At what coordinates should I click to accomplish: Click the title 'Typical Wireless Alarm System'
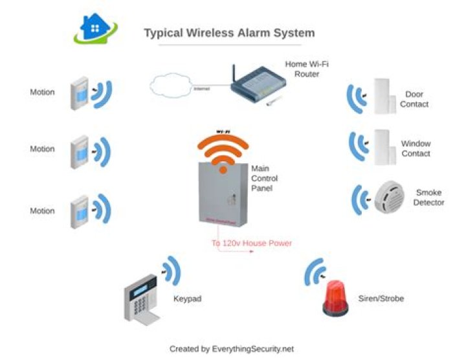pyautogui.click(x=229, y=32)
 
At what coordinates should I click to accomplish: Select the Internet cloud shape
pyautogui.click(x=171, y=87)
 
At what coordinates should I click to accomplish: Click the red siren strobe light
pyautogui.click(x=336, y=298)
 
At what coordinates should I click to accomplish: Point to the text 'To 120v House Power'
pyautogui.click(x=252, y=243)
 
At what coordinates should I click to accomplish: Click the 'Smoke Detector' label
pyautogui.click(x=429, y=197)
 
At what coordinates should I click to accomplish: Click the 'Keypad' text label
pyautogui.click(x=187, y=300)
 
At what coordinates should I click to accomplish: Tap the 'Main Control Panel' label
pyautogui.click(x=264, y=178)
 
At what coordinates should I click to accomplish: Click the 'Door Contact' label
pyautogui.click(x=414, y=99)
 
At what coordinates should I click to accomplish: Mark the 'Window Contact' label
pyautogui.click(x=416, y=148)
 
